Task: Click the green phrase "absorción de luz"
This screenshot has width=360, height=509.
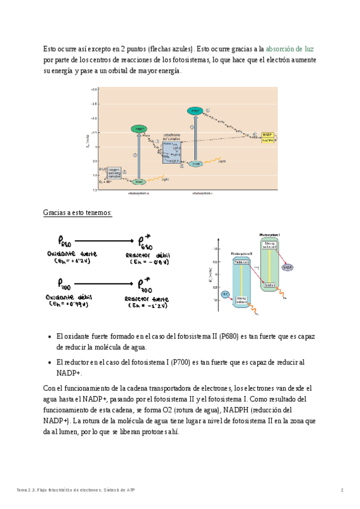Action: [x=289, y=49]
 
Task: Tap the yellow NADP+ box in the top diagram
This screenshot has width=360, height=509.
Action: [x=268, y=137]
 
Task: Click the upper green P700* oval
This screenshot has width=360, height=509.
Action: [x=194, y=111]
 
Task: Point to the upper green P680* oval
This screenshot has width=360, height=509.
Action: [x=139, y=129]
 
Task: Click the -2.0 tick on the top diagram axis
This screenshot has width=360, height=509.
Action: [x=94, y=89]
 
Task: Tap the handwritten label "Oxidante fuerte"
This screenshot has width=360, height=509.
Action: [x=71, y=254]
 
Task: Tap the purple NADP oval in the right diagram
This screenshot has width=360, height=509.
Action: [x=287, y=267]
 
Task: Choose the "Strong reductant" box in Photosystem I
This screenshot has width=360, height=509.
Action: [x=269, y=244]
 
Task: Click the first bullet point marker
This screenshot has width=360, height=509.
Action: [x=49, y=337]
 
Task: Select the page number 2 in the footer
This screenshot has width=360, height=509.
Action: [x=342, y=490]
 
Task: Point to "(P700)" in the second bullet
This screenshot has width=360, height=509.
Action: [x=182, y=362]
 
